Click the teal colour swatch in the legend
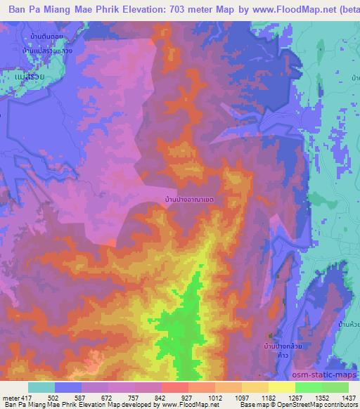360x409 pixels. [x=41, y=387]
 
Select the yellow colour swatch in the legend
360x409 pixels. [x=281, y=387]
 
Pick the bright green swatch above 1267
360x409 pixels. [x=308, y=387]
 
